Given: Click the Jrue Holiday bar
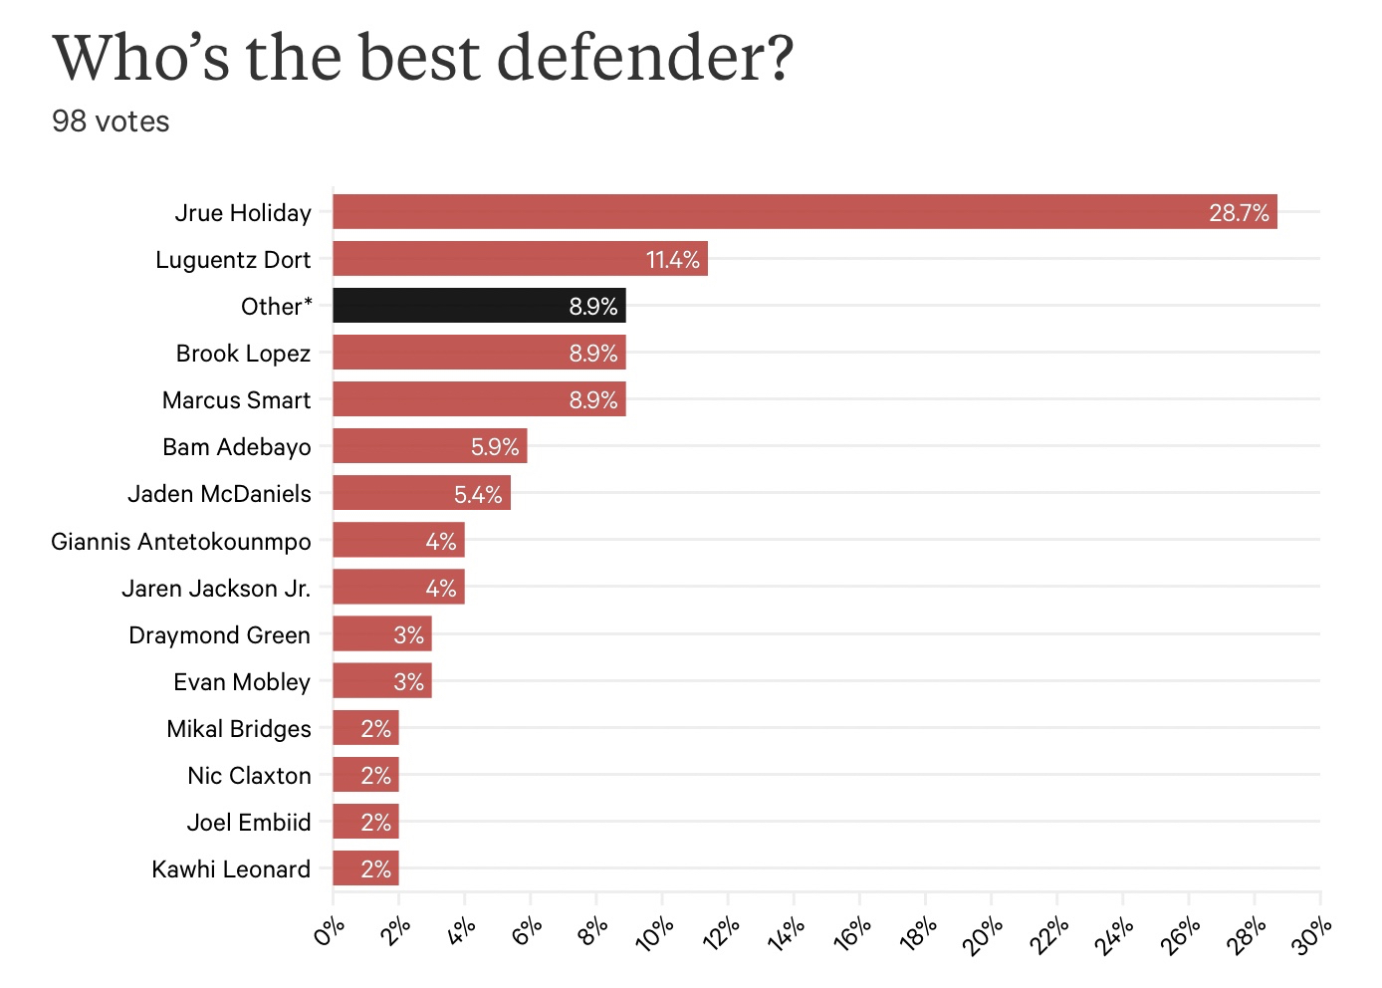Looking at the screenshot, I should [805, 212].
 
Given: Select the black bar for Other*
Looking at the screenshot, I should [479, 306].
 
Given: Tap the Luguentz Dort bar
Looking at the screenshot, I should [520, 259].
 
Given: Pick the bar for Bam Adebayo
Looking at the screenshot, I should [429, 446].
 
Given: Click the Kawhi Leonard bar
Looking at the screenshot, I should [365, 868].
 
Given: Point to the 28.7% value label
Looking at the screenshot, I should [1239, 213].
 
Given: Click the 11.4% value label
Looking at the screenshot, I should [673, 260].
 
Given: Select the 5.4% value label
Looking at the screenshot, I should [478, 494].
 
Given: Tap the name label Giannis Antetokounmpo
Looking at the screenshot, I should [181, 542].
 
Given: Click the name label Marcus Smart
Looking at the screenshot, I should [236, 400].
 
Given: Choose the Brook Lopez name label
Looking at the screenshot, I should [243, 354].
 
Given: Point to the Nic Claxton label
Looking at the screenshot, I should [249, 776].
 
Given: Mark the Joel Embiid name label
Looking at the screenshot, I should [249, 823].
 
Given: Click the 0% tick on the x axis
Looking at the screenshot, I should [330, 932].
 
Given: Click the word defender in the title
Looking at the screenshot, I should [645, 58].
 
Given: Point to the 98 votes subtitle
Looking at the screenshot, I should [111, 122].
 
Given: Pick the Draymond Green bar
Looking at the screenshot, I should [381, 634].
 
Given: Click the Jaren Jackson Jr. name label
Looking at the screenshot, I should [216, 589].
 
